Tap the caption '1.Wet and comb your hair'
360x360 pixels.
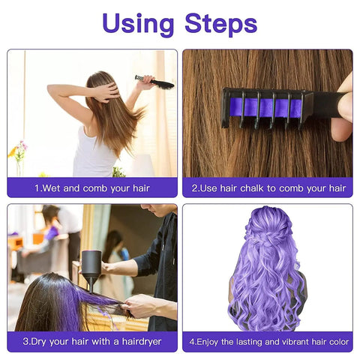click(x=92, y=188)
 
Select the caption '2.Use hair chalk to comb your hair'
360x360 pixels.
click(x=268, y=188)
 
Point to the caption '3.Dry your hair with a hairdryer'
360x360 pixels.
click(x=92, y=342)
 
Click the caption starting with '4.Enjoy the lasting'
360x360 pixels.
click(x=268, y=342)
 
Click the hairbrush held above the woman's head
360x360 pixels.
click(x=155, y=82)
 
